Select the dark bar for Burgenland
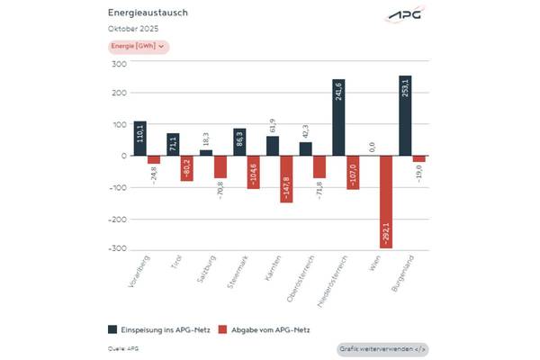click(405, 115)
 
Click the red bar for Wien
click(385, 201)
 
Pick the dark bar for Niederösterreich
click(338, 117)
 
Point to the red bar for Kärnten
click(286, 178)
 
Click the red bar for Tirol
click(186, 167)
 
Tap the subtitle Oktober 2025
click(132, 30)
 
